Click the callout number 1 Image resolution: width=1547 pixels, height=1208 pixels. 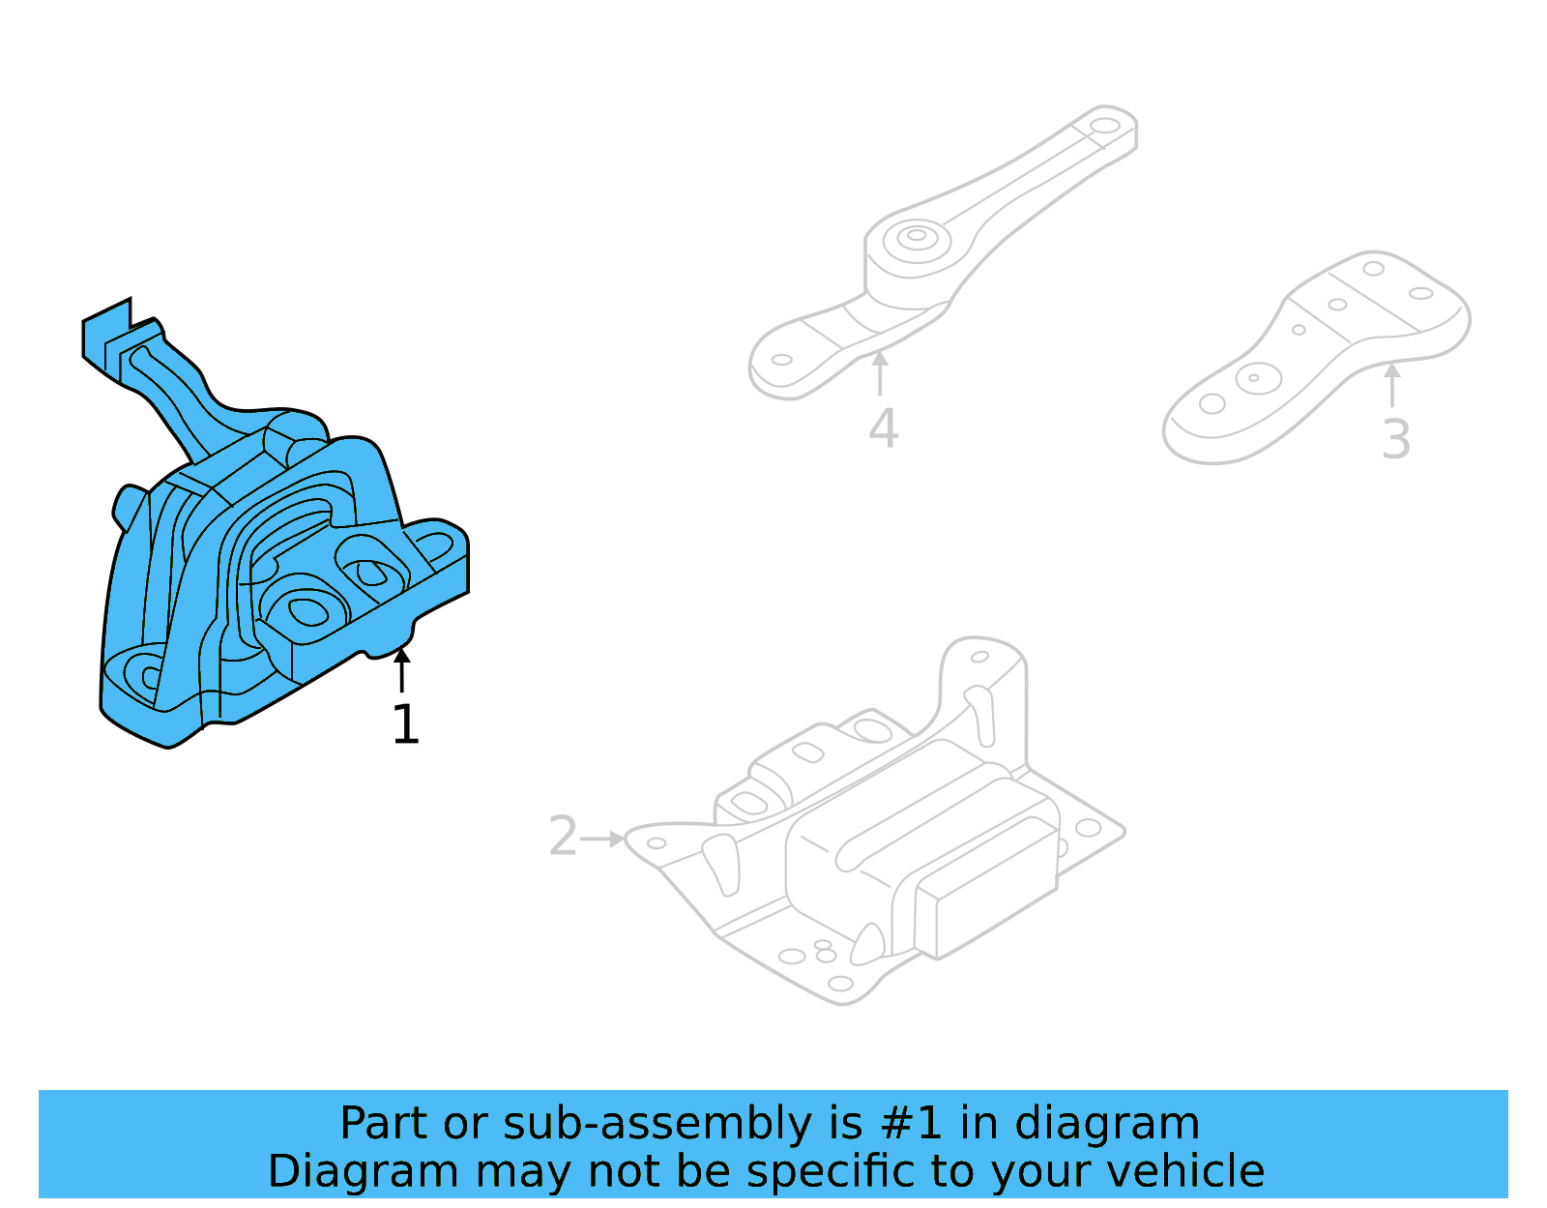point(405,724)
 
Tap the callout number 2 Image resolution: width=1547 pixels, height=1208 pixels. point(563,837)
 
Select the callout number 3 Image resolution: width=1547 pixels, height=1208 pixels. point(1395,439)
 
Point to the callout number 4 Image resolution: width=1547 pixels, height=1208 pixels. point(883,428)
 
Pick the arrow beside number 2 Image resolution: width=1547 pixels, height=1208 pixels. point(603,839)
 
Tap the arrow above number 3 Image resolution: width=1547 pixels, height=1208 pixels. point(1391,384)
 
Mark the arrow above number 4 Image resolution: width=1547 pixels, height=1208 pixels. point(880,373)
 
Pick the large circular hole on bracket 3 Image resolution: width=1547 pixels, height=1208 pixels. point(1258,378)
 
